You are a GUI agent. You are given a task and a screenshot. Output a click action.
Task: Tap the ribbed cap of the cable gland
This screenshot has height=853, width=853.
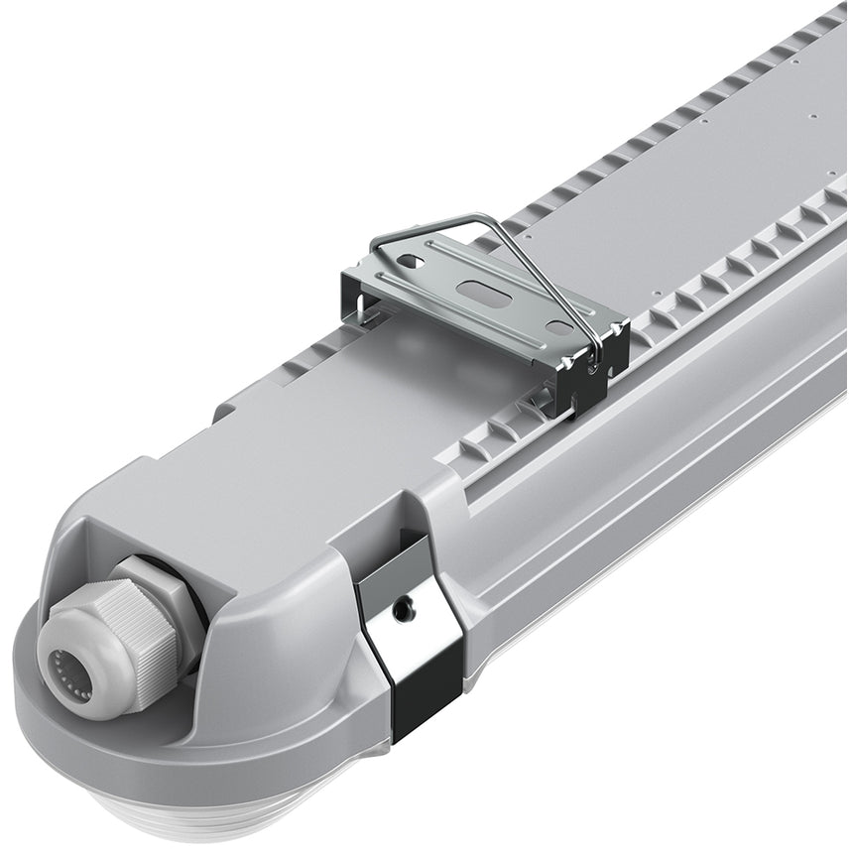pos(109,645)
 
